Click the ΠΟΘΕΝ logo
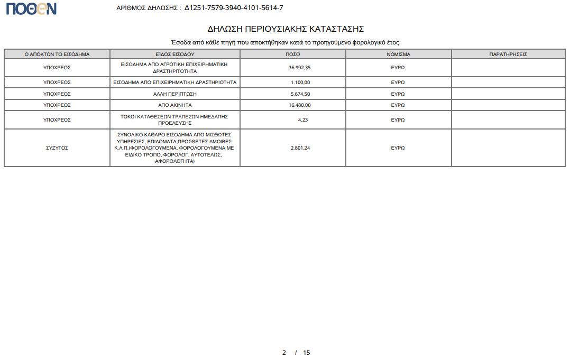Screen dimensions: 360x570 click(x=31, y=8)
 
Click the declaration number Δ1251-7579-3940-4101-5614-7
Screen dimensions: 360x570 click(x=234, y=8)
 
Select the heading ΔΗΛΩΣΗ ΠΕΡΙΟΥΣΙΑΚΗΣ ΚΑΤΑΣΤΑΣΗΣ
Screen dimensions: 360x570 click(x=285, y=29)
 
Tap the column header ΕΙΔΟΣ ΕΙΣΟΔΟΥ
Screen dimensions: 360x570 click(x=175, y=54)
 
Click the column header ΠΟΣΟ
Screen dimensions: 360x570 click(x=292, y=54)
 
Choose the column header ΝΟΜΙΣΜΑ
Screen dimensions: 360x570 click(x=398, y=54)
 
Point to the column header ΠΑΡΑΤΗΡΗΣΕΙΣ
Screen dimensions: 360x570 click(x=508, y=54)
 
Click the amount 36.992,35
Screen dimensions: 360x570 click(x=300, y=68)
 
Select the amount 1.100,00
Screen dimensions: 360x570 click(x=300, y=82)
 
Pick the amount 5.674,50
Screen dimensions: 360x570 click(x=300, y=94)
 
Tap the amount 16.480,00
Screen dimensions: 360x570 click(x=300, y=105)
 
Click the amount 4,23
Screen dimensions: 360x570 click(x=302, y=120)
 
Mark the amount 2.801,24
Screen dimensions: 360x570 click(x=300, y=148)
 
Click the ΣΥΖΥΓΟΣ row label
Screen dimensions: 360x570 click(x=57, y=148)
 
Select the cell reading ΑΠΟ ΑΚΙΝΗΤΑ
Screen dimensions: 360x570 click(x=175, y=105)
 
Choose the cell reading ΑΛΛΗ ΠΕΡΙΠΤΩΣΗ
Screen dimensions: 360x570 click(x=175, y=94)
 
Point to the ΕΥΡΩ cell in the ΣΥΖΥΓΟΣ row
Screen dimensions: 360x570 click(x=398, y=148)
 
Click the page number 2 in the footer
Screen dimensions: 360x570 click(x=284, y=353)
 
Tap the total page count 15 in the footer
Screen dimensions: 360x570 click(x=307, y=353)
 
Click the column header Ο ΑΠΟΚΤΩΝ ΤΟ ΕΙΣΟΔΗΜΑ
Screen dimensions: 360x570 click(x=57, y=54)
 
